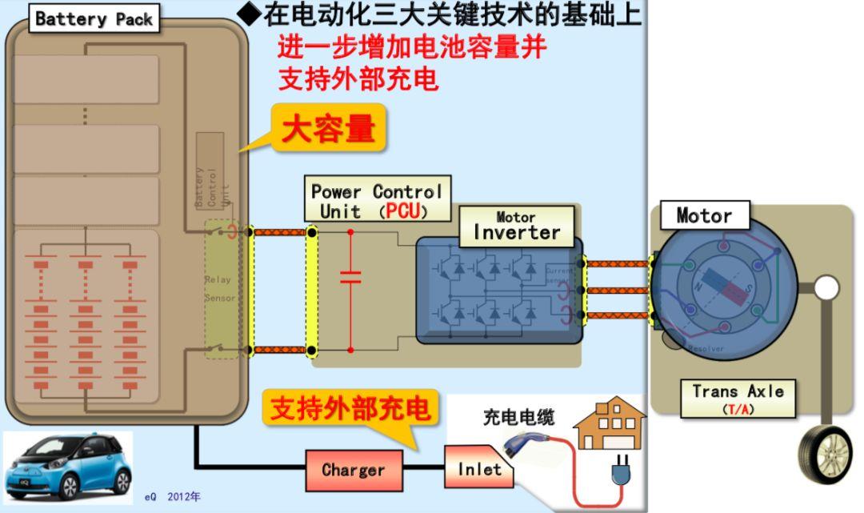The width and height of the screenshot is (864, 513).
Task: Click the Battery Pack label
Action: (x=94, y=19)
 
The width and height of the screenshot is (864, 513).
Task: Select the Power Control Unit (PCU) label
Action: (x=376, y=201)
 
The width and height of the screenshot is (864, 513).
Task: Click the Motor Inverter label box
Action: (x=517, y=226)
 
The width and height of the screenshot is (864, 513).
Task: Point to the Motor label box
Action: (x=704, y=215)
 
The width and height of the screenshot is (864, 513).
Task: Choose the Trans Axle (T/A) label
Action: (x=738, y=398)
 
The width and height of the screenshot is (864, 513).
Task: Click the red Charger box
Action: (x=353, y=470)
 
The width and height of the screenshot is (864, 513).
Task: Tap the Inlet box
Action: (x=478, y=469)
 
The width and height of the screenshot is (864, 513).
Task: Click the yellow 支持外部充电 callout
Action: (x=350, y=409)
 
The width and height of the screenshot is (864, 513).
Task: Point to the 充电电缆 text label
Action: (x=518, y=416)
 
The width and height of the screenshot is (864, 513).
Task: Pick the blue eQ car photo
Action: (x=68, y=467)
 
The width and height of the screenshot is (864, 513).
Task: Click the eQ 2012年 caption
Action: (x=173, y=497)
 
